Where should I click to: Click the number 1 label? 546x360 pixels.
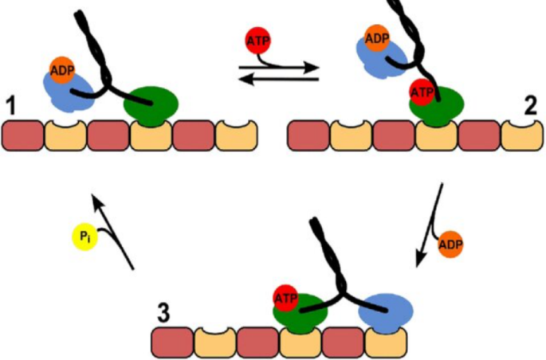point(10,104)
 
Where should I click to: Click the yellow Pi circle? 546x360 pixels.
point(85,237)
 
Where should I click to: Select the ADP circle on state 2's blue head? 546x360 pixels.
point(376,37)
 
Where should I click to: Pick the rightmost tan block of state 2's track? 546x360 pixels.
point(522,135)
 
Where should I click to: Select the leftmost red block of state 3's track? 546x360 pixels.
point(172,342)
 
